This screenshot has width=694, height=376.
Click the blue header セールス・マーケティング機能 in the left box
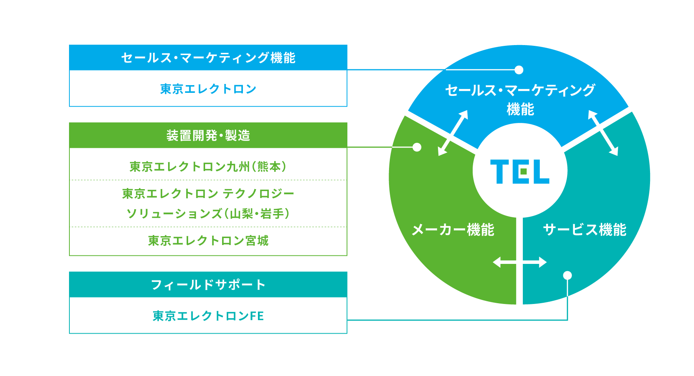click(208, 58)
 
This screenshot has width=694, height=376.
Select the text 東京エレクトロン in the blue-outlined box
click(208, 89)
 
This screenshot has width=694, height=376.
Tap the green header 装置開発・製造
click(208, 136)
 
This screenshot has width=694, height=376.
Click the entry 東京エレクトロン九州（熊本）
click(208, 166)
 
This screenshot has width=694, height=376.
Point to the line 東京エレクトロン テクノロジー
click(208, 193)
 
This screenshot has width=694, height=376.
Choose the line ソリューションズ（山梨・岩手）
click(208, 213)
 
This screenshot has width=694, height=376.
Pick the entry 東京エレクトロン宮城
click(208, 241)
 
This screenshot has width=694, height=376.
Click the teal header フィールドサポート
click(208, 285)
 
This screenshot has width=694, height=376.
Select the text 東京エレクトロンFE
click(208, 316)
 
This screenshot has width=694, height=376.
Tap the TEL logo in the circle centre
click(520, 171)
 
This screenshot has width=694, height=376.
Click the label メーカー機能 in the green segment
click(453, 230)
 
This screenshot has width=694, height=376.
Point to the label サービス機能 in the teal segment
click(585, 230)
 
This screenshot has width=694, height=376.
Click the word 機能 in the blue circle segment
click(520, 109)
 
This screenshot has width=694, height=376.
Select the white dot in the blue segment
click(519, 70)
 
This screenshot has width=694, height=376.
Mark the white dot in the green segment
click(417, 147)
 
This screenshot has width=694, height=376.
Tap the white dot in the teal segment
click(567, 275)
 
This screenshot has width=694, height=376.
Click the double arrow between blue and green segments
click(453, 133)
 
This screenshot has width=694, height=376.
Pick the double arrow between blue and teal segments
click(603, 133)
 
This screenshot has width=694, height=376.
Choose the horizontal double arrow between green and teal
click(520, 262)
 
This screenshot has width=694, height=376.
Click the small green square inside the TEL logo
click(522, 171)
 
